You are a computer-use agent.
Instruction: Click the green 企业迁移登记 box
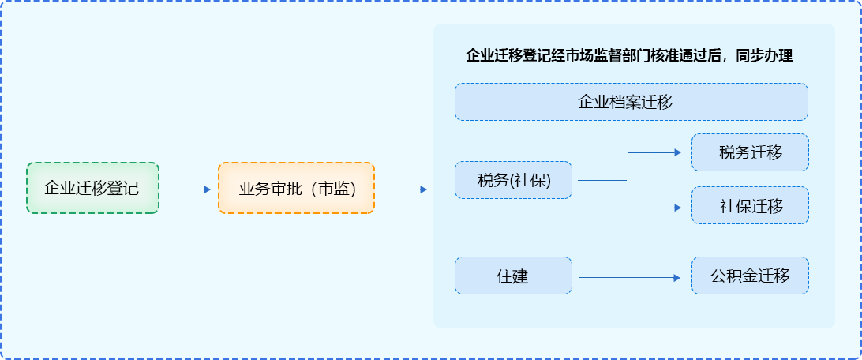92,189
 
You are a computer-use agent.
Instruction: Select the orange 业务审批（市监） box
296,189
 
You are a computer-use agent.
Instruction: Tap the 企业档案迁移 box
631,102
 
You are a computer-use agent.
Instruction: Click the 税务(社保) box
513,181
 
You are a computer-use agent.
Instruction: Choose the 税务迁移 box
750,152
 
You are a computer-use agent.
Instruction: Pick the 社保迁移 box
750,206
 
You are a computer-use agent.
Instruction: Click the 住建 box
513,276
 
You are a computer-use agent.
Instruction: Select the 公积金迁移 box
750,276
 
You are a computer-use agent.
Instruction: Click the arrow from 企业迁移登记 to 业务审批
187,189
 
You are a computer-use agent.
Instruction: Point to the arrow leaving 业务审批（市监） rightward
403,189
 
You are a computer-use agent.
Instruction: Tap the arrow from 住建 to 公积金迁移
629,278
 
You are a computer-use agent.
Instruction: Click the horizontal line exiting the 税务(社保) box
602,180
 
